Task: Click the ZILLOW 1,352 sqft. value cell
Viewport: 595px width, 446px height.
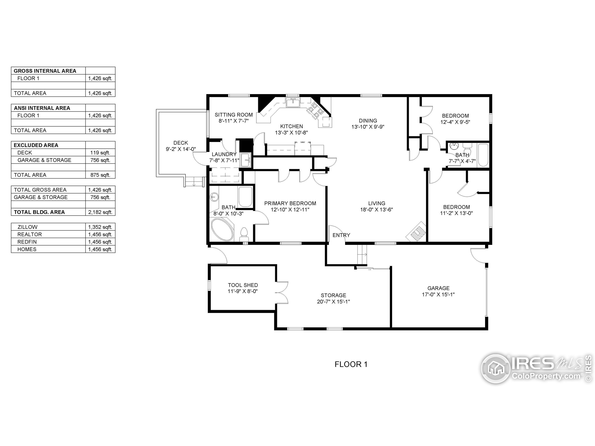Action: (x=100, y=227)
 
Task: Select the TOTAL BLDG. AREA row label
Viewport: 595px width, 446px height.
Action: (x=39, y=212)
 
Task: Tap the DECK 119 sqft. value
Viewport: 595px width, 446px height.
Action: (x=100, y=153)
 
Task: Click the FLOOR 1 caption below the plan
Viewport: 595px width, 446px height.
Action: (x=351, y=364)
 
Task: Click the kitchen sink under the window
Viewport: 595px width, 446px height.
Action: (x=292, y=102)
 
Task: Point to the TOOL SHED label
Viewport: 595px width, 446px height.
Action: (x=243, y=285)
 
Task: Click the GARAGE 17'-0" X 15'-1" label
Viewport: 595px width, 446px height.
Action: (x=438, y=291)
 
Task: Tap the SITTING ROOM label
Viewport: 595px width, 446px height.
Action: (x=234, y=115)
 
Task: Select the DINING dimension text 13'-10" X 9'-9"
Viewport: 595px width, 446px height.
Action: (x=368, y=127)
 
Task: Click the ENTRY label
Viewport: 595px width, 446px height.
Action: (x=341, y=235)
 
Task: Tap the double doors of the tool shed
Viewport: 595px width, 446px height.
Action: (x=282, y=293)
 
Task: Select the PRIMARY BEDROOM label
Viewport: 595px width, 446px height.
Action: (x=290, y=203)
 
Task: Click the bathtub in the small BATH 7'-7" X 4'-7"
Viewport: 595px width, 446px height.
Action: (x=483, y=155)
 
